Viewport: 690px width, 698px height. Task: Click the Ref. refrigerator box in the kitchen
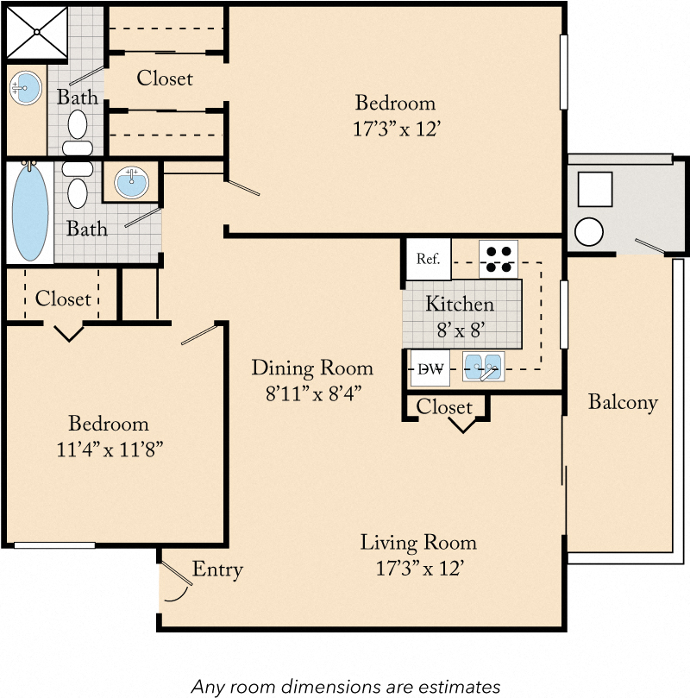click(x=429, y=259)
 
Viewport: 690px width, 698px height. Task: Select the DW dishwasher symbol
click(x=430, y=368)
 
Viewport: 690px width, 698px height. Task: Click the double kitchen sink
click(x=483, y=368)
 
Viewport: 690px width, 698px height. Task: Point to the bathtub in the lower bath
click(x=29, y=212)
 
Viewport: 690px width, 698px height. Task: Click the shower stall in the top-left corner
click(x=35, y=33)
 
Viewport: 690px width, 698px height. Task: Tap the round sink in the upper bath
click(x=27, y=87)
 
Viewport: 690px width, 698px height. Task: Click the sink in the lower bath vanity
click(x=131, y=183)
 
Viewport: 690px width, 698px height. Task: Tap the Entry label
click(x=216, y=569)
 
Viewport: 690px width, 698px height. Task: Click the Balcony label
click(x=623, y=401)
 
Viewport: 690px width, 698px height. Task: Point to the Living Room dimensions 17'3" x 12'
click(x=418, y=569)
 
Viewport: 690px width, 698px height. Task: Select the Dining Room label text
click(x=312, y=368)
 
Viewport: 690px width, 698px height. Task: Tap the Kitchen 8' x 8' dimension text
click(x=460, y=328)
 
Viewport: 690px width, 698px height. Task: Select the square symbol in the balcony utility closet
click(x=594, y=189)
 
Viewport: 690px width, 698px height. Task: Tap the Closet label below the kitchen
click(x=444, y=406)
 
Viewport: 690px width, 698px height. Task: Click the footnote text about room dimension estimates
click(x=345, y=687)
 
